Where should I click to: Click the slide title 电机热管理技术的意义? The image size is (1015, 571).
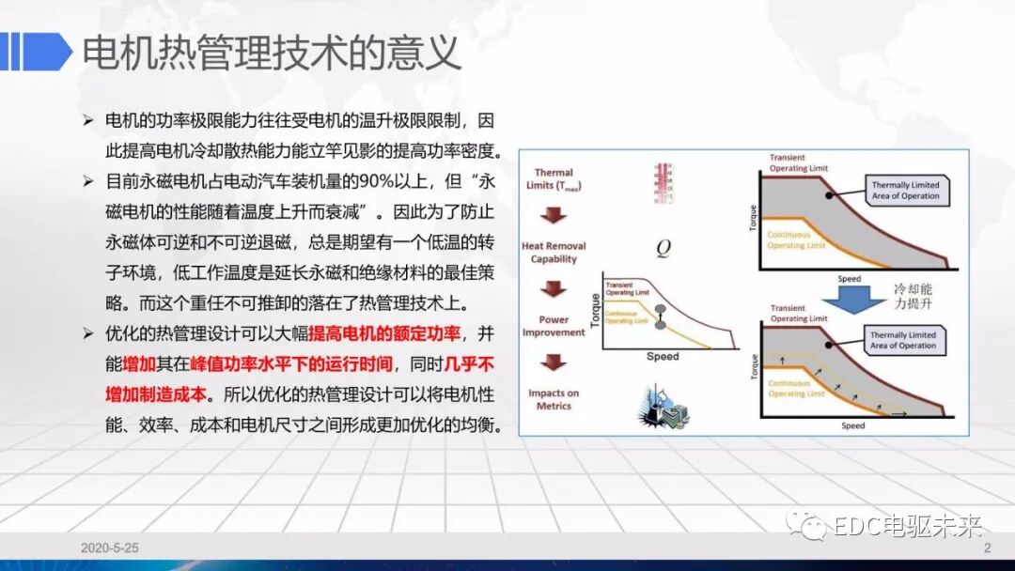click(272, 53)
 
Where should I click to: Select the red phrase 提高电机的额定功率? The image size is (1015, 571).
click(381, 333)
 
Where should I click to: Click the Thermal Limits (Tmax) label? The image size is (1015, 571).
click(554, 178)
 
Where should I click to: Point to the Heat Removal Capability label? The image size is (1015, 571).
click(554, 253)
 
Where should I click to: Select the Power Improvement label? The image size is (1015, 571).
click(554, 326)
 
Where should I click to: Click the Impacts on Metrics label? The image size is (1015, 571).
click(554, 399)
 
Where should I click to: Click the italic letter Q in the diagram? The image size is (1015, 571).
click(663, 248)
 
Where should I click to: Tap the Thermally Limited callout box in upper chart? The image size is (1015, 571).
click(903, 190)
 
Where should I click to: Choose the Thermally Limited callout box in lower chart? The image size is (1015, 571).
click(902, 340)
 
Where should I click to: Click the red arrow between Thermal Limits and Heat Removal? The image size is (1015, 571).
click(554, 215)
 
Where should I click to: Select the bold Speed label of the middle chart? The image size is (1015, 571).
click(663, 357)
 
